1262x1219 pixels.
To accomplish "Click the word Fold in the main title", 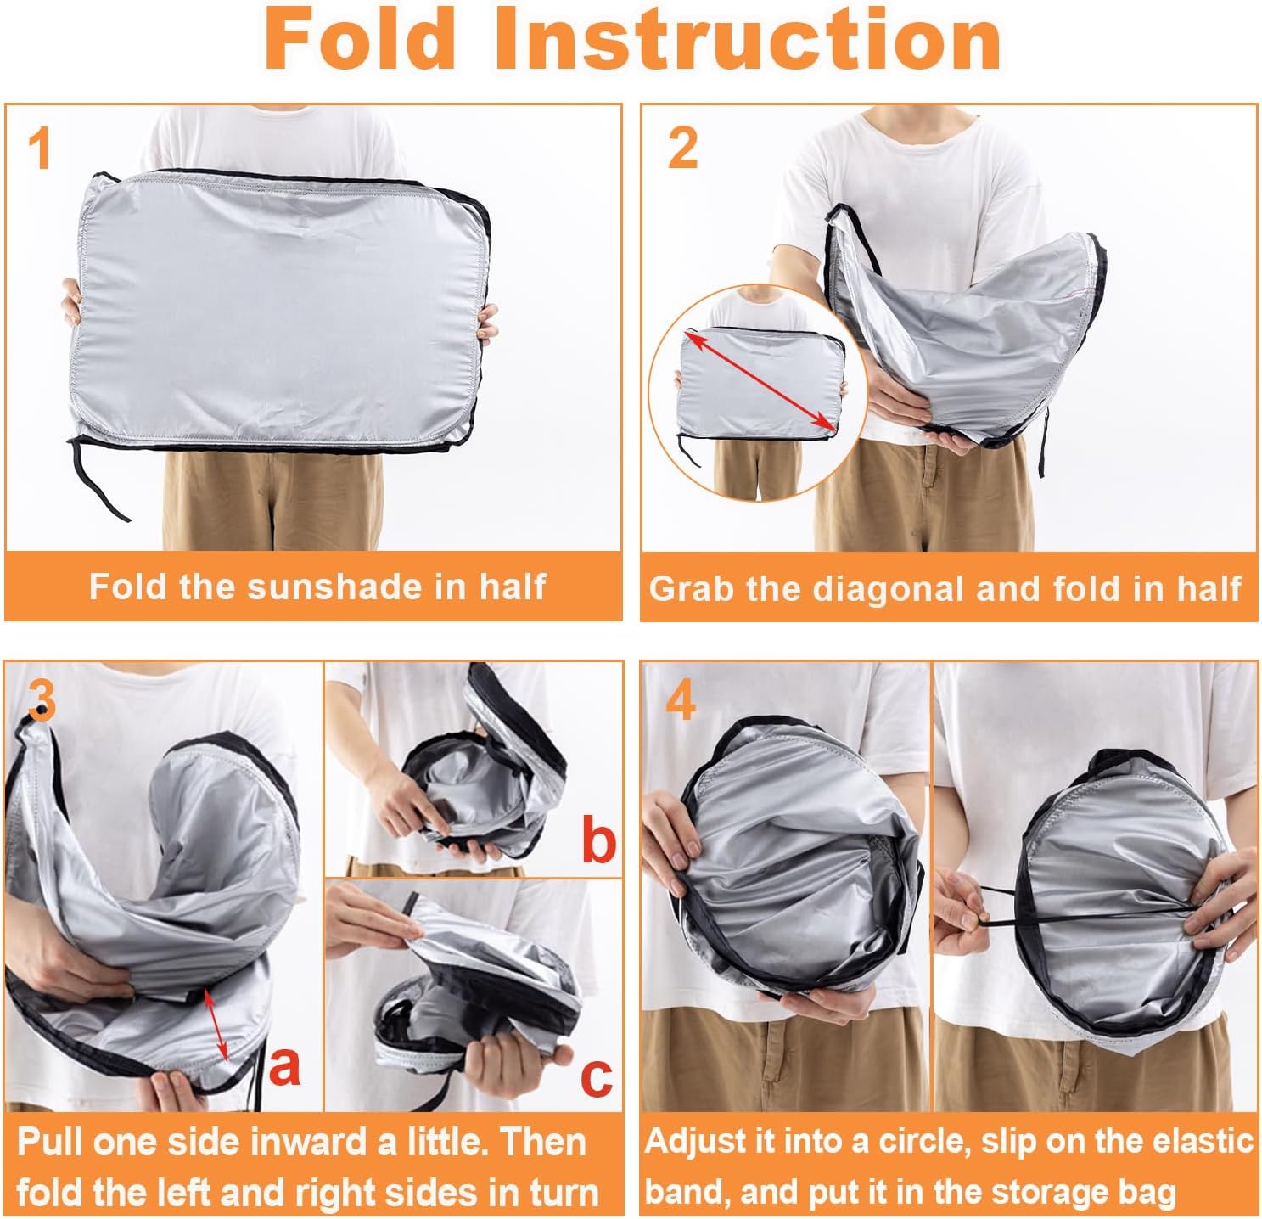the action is point(361,39).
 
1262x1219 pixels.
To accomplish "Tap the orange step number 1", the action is point(40,149).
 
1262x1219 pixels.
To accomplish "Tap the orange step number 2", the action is point(683,148).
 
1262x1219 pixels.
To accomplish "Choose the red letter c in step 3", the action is point(596,1076).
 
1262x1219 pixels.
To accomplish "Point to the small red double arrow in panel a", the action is point(216,1025).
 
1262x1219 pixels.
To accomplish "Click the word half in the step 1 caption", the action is point(513,587).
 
